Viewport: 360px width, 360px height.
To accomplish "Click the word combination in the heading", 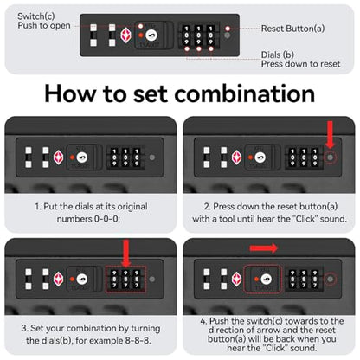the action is coord(245,94).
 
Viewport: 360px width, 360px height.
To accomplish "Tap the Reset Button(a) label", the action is coord(292,29).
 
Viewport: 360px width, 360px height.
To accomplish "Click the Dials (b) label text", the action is coord(278,55).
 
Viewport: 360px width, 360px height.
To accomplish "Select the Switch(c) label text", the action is coord(36,16).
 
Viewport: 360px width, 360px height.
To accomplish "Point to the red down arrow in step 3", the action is coord(126,253).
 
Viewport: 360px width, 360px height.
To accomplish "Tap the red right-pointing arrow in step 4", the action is coord(264,248).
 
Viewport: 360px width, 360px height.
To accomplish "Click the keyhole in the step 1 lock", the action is coord(82,157).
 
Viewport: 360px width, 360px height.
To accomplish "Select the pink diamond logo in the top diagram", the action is coord(126,35).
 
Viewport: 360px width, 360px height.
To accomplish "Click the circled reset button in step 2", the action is coord(331,157).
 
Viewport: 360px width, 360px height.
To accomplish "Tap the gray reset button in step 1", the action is coord(152,157).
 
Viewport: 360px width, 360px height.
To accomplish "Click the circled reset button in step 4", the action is coord(331,280).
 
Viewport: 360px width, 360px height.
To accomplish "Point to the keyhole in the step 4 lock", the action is coord(265,280).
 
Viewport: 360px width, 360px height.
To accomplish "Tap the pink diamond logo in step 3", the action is coord(59,279).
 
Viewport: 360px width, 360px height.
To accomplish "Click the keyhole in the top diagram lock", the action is coord(151,35).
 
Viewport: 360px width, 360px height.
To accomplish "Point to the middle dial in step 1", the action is coord(125,157).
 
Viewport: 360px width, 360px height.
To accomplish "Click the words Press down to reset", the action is coord(301,64).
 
